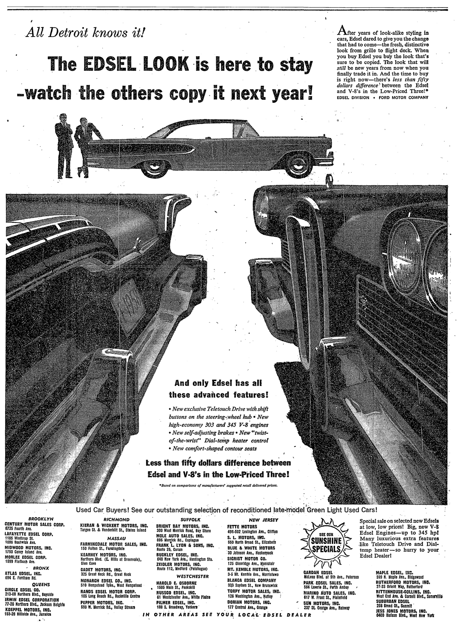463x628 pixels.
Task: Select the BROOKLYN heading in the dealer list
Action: click(x=41, y=519)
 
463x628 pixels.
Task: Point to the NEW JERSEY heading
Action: click(x=264, y=520)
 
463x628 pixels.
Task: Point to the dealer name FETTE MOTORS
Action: click(x=242, y=527)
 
